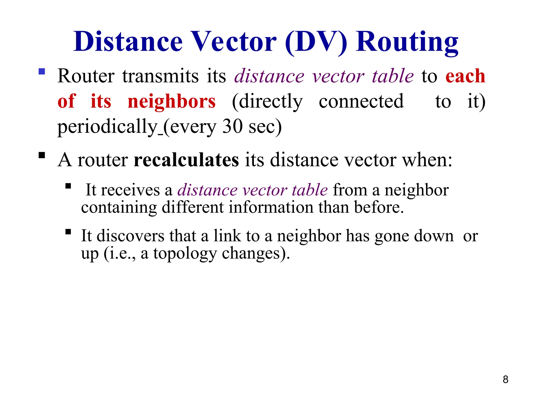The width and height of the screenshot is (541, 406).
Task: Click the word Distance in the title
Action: coord(128,41)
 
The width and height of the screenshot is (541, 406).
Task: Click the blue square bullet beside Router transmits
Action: coord(42,72)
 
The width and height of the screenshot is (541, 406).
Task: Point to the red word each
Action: coord(465,76)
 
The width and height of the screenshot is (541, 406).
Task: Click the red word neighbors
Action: coord(171,101)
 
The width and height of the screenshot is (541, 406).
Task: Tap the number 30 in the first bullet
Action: coord(232,126)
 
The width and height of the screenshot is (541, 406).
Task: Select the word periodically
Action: coord(107,127)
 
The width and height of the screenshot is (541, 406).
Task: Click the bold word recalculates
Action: coord(186,160)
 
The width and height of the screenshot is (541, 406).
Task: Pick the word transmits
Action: coord(160,76)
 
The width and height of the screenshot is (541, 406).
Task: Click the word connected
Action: coord(361,101)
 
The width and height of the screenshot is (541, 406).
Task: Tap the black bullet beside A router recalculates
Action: coord(42,155)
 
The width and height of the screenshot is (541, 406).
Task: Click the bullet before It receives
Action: coord(68,186)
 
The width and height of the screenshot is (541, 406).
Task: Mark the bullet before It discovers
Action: coord(68,232)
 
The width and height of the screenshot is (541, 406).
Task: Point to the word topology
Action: coord(185,253)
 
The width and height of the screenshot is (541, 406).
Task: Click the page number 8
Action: coord(505,380)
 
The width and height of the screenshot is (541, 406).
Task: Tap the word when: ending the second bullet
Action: coord(427,160)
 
